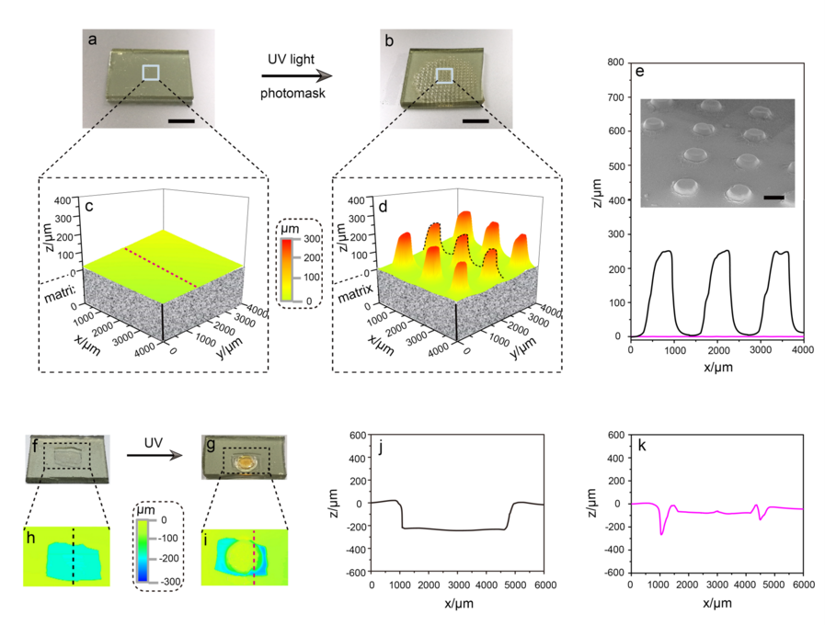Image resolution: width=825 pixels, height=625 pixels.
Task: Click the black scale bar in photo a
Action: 180,119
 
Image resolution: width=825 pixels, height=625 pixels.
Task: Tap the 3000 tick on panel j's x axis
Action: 457,585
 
